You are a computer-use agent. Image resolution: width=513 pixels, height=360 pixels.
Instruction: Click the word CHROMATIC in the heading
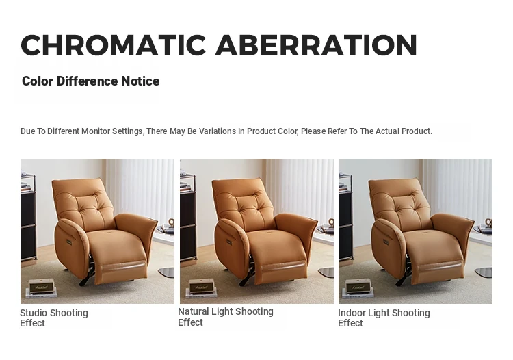tap(113, 45)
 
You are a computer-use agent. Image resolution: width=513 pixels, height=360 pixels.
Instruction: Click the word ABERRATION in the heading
tap(316, 45)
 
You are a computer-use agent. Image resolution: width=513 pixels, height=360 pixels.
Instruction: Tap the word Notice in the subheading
tap(140, 81)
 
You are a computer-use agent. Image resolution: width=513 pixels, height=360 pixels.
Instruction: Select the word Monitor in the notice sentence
tap(96, 131)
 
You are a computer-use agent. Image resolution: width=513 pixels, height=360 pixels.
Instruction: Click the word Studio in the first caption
tap(34, 313)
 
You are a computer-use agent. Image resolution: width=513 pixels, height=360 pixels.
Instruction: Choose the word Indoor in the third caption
tap(352, 313)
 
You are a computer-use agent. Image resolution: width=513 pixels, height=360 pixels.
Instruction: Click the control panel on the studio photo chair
tap(70, 243)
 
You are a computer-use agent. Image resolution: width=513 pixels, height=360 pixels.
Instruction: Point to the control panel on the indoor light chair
tap(386, 243)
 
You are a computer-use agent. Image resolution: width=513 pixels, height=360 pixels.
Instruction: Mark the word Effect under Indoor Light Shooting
tap(350, 323)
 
